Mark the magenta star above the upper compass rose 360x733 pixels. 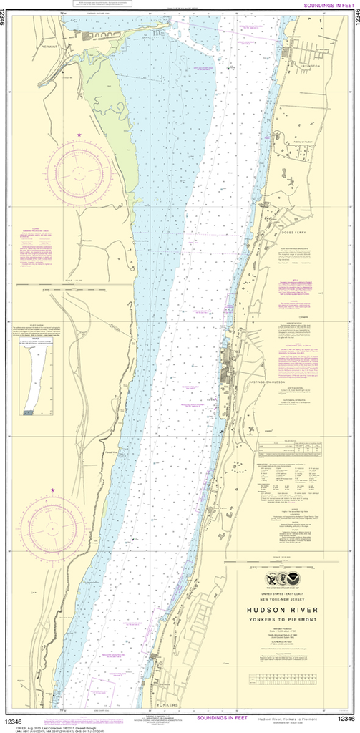pos(79,135)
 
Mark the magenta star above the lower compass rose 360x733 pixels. pos(52,490)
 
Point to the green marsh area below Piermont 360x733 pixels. pos(107,107)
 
